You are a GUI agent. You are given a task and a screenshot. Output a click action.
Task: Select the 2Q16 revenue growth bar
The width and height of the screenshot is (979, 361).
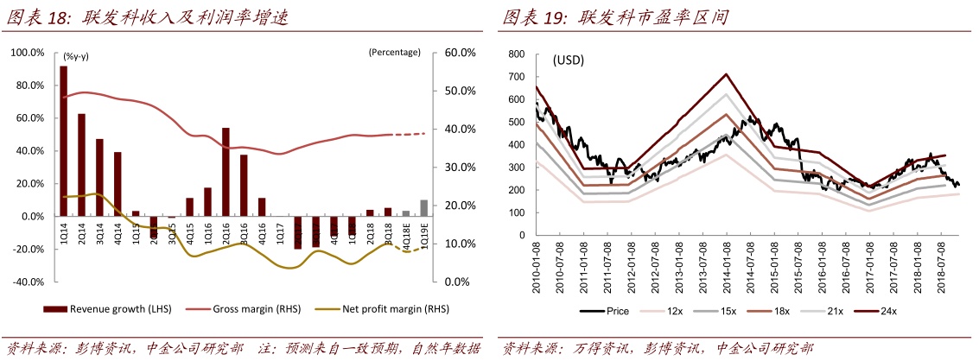[x=226, y=172]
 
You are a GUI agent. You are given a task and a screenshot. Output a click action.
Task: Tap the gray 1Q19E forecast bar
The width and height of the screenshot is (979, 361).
[x=423, y=207]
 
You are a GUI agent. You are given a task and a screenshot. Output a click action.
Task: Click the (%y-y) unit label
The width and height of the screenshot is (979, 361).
[x=76, y=56]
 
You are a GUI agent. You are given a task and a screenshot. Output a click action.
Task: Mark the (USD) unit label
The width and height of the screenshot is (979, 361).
[x=568, y=60]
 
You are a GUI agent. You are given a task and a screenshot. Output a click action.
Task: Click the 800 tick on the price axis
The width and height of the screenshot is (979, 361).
[x=517, y=54]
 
